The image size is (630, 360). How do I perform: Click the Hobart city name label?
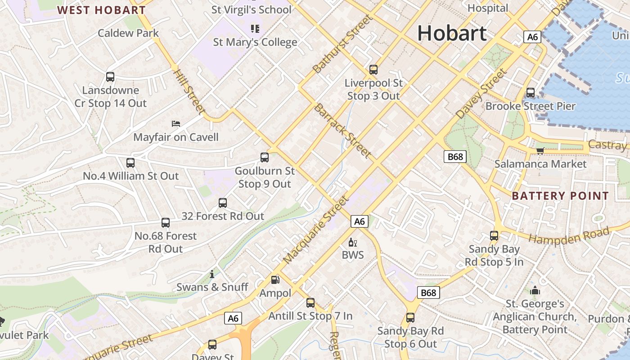tap(452, 33)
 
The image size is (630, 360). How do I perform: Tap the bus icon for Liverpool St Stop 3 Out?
tap(373, 70)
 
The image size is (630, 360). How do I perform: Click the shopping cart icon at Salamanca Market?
tap(540, 150)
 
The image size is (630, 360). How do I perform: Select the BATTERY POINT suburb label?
tap(560, 196)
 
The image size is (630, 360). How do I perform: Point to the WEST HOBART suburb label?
tap(101, 10)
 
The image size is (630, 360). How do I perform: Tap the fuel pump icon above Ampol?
tap(275, 280)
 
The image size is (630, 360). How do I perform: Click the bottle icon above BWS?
tap(353, 243)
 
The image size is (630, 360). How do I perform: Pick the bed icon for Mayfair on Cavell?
tap(176, 123)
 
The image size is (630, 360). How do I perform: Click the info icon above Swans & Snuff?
tap(212, 274)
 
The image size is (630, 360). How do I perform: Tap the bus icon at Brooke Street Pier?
tap(531, 93)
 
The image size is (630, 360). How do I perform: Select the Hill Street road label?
tap(189, 91)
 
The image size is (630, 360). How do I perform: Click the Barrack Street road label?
tap(343, 131)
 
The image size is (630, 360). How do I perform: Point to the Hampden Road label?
tap(569, 235)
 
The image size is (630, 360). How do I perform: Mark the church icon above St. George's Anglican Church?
tap(535, 291)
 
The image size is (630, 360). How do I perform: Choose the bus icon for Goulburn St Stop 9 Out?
tap(265, 157)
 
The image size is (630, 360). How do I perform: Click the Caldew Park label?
tap(128, 33)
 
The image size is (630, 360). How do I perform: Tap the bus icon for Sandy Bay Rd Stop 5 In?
tap(494, 236)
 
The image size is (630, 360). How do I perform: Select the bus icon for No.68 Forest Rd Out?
tap(166, 223)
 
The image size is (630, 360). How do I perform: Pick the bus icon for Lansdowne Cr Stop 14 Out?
tap(110, 77)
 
